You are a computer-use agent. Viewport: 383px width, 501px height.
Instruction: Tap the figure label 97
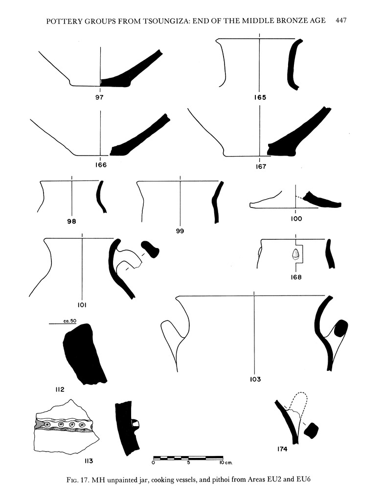click(x=100, y=97)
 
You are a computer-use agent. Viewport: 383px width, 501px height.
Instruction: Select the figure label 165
click(x=260, y=97)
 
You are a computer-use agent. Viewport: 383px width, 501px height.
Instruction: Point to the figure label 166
click(x=101, y=165)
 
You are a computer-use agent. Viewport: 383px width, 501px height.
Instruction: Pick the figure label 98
click(x=72, y=222)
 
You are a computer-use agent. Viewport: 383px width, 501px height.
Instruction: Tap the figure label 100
click(x=296, y=219)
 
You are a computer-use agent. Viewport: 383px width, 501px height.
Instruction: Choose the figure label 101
click(x=82, y=305)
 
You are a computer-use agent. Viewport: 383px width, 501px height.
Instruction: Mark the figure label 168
click(x=295, y=277)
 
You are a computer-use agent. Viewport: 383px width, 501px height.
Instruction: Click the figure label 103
click(x=255, y=379)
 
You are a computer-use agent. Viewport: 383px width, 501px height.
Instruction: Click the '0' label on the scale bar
click(x=154, y=462)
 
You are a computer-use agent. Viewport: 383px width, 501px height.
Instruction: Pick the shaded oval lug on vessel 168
click(x=295, y=254)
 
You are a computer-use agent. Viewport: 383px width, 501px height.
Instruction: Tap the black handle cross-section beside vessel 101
click(x=150, y=249)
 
